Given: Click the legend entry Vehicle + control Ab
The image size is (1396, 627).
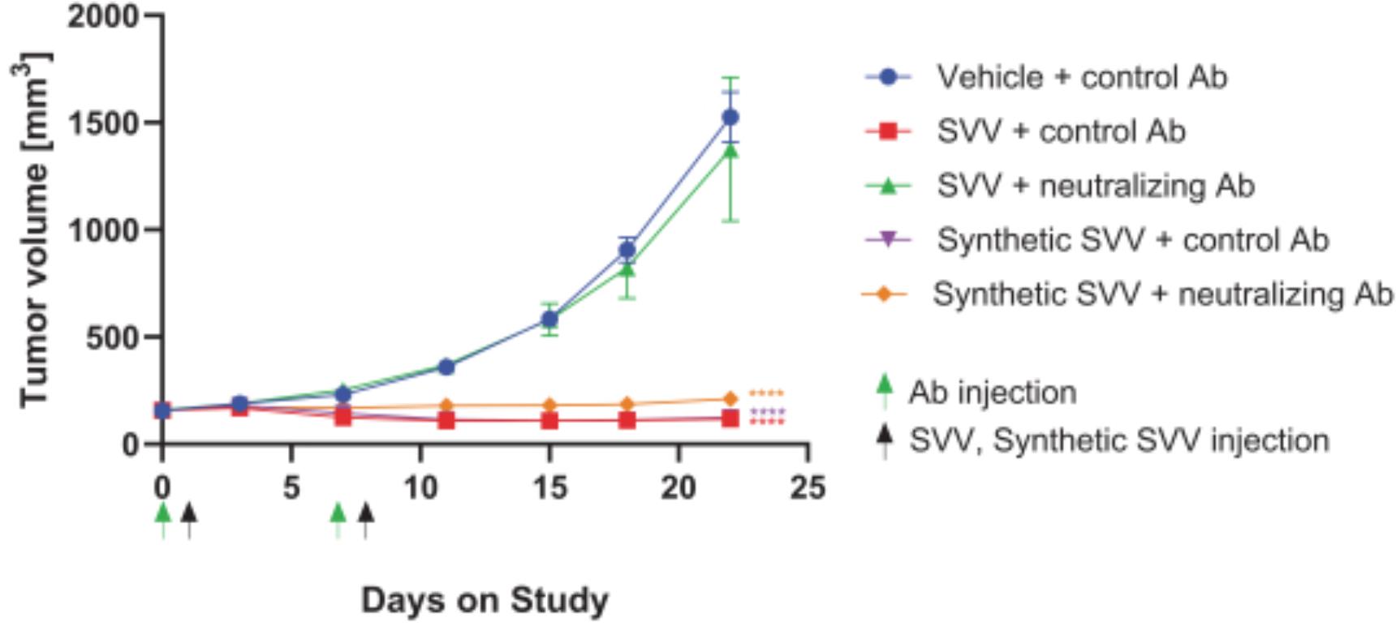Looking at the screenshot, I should click(x=1081, y=77).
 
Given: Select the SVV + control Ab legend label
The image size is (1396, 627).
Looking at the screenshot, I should click(x=1061, y=131).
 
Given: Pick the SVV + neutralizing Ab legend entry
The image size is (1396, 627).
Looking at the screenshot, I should click(x=1096, y=186).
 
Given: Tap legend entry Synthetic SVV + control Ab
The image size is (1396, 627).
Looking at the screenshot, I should click(x=1132, y=240).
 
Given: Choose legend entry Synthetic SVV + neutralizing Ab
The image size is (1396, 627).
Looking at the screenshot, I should click(x=1162, y=294).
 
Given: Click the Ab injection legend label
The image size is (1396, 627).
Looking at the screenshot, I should click(x=992, y=393).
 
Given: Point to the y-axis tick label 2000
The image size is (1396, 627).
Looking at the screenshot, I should click(x=103, y=16).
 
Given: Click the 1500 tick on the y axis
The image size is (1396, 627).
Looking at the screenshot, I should click(x=103, y=123).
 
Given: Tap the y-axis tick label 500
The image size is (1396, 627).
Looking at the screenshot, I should click(x=113, y=337).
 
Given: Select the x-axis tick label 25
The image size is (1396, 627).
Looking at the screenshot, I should click(x=807, y=488).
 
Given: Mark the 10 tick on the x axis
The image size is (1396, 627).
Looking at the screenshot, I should click(x=420, y=488).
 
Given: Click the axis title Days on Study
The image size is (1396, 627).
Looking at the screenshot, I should click(x=485, y=601).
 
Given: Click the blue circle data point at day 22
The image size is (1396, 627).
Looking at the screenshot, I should click(x=730, y=118).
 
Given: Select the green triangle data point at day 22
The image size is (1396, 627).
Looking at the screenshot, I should click(x=730, y=151).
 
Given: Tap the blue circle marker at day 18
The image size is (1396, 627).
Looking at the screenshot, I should click(x=627, y=250).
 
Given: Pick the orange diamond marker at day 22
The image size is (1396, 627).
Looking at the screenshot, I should click(x=730, y=399).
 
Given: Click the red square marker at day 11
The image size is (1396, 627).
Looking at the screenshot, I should click(x=446, y=420).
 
